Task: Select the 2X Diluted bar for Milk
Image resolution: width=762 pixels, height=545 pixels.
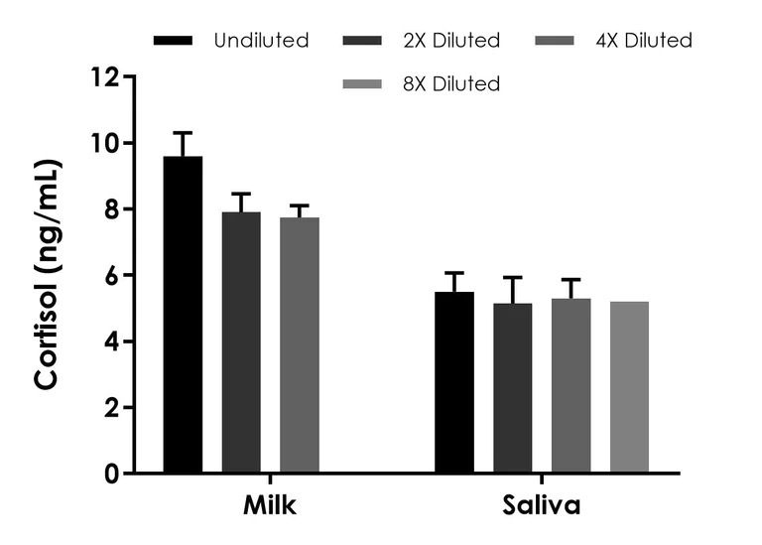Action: pyautogui.click(x=241, y=342)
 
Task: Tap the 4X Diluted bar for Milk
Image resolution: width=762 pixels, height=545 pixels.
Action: pyautogui.click(x=300, y=344)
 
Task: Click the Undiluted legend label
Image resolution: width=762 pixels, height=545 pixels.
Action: pyautogui.click(x=261, y=41)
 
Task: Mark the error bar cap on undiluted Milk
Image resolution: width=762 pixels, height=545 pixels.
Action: pyautogui.click(x=183, y=132)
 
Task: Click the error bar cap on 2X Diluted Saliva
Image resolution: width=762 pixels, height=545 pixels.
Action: pyautogui.click(x=513, y=278)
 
